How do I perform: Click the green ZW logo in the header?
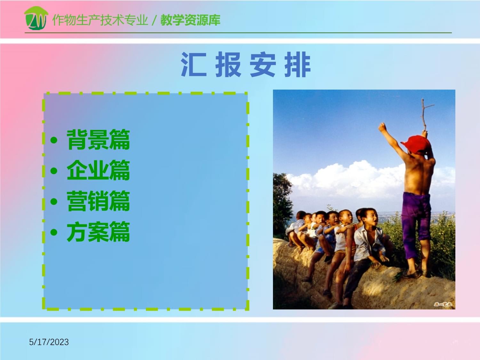click(36, 19)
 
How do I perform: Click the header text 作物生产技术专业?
click(100, 20)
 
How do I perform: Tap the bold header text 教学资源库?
click(190, 20)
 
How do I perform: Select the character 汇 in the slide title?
click(193, 65)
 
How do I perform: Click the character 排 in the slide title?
click(297, 65)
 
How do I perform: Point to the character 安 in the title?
click(262, 65)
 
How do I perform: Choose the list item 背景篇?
click(98, 140)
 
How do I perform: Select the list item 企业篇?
click(98, 171)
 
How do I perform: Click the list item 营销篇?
click(98, 201)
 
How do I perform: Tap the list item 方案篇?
click(98, 232)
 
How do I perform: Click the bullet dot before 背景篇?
click(54, 140)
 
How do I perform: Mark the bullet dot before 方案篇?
click(54, 232)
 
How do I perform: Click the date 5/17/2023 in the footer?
click(49, 342)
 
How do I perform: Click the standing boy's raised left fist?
click(382, 127)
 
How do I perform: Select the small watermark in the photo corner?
click(443, 304)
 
